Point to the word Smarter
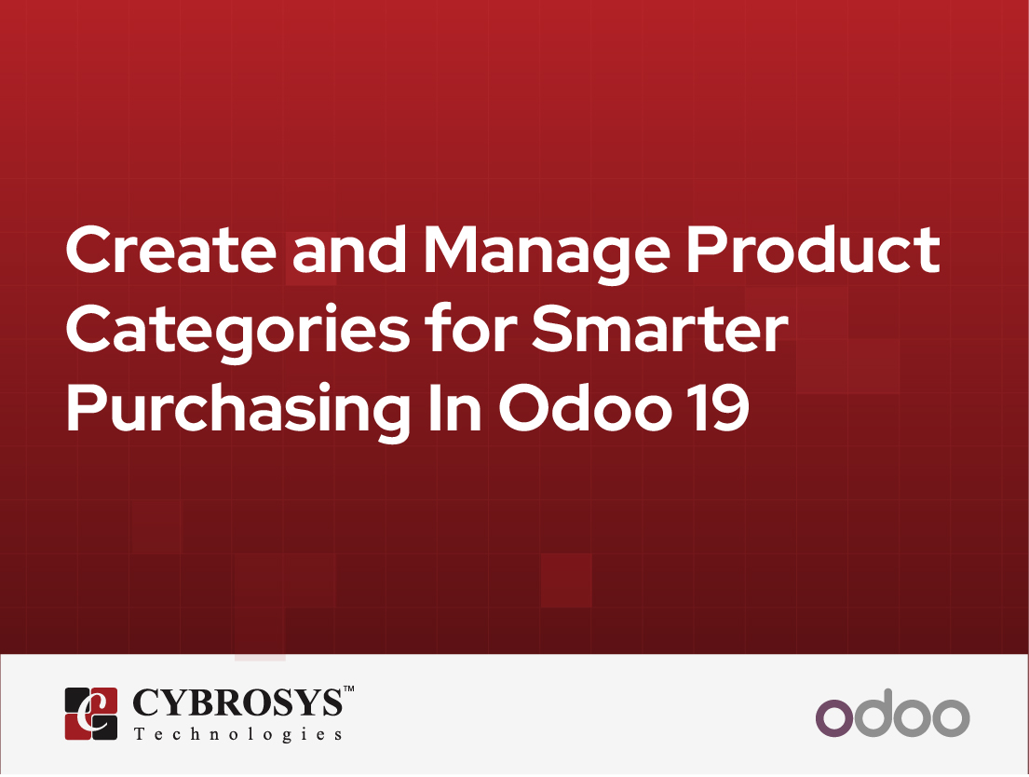(x=657, y=330)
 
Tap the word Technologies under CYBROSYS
(x=237, y=735)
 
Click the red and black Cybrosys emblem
(x=90, y=714)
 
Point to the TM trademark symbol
(x=348, y=690)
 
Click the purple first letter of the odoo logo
(x=833, y=718)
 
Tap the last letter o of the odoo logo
(x=952, y=718)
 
